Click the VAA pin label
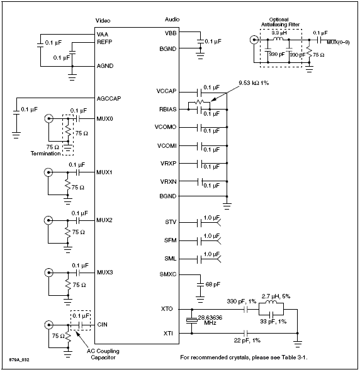coord(103,35)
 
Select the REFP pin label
coord(104,42)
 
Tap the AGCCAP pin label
coord(109,98)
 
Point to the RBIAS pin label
coord(168,110)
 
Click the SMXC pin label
coord(168,274)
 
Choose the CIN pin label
coord(102,325)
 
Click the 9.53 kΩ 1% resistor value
coord(254,83)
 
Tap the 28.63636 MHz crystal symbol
coord(191,321)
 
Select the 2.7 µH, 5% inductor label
coord(276,296)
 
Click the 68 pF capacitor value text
coord(213,285)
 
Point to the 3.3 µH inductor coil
coord(278,39)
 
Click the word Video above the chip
coord(103,21)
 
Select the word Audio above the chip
coord(172,20)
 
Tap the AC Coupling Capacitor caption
coord(103,354)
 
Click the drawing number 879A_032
coord(20,360)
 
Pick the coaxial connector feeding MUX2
coord(48,220)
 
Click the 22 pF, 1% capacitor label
coord(247,341)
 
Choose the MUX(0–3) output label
coord(338,43)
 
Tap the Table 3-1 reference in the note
coord(295,358)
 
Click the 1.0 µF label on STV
coord(211,218)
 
